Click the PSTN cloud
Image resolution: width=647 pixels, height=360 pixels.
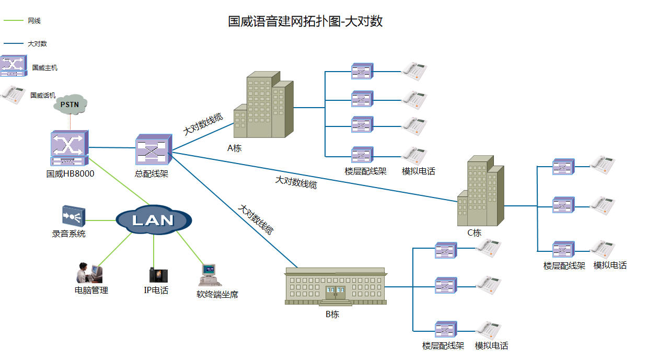click(x=70, y=104)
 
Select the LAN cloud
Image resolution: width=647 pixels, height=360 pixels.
click(x=153, y=220)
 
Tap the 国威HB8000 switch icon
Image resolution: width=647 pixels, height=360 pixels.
click(x=70, y=148)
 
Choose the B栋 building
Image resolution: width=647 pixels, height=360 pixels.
click(x=335, y=287)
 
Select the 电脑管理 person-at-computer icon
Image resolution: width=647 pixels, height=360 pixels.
click(x=89, y=273)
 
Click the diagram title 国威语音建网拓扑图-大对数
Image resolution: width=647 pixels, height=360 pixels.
click(x=306, y=21)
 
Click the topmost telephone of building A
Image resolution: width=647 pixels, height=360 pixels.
click(x=414, y=71)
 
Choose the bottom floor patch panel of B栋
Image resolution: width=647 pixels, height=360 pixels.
click(x=446, y=330)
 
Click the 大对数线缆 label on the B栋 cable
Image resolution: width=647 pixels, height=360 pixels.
click(x=256, y=219)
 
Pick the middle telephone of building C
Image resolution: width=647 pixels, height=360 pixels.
click(x=603, y=205)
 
